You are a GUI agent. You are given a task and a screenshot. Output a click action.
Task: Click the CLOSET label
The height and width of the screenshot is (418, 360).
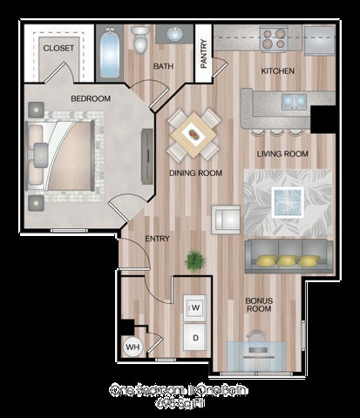(58, 48)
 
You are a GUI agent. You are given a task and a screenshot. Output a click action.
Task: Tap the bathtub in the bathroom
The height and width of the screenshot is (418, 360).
(110, 54)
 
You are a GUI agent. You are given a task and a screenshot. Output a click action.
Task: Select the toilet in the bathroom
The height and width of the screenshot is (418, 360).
(141, 40)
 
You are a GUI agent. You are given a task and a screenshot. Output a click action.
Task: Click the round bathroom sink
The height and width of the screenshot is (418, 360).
(175, 36)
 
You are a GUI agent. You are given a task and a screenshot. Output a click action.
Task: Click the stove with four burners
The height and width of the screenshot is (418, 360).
(274, 39)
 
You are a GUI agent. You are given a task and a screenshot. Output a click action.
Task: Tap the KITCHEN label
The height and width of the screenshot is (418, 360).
(278, 71)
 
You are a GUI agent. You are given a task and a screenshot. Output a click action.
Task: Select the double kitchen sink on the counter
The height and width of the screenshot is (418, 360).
(293, 102)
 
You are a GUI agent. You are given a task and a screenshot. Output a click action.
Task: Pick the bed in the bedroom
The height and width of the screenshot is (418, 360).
(65, 155)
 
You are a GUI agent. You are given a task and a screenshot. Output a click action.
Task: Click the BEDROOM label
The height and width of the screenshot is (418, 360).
(91, 98)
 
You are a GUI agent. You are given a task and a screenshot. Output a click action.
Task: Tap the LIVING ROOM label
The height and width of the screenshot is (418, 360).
(283, 154)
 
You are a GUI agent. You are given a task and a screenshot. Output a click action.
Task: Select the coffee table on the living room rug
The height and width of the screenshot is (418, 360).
(288, 201)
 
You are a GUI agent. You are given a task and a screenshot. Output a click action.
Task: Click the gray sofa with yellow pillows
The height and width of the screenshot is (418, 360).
(289, 256)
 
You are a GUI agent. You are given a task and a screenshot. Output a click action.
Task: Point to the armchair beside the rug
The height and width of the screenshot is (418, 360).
(226, 219)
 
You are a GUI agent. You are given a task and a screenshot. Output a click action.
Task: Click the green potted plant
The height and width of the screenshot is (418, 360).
(195, 260)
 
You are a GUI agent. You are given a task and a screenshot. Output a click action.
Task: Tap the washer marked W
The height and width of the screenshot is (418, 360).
(195, 307)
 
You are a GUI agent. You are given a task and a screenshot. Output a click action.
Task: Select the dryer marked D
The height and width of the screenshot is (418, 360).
(195, 337)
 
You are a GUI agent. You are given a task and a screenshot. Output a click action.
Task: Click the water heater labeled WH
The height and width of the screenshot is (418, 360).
(133, 347)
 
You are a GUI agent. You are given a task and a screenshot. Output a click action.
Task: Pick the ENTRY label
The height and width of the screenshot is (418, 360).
(157, 238)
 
